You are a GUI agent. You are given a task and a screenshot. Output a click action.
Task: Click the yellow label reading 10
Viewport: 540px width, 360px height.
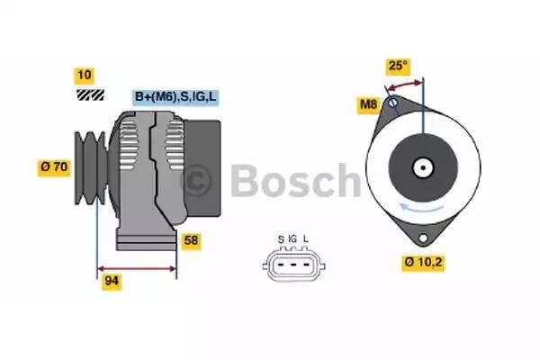pyautogui.click(x=85, y=76)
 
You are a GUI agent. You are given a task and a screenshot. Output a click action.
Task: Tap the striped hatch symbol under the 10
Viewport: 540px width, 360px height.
pyautogui.click(x=90, y=94)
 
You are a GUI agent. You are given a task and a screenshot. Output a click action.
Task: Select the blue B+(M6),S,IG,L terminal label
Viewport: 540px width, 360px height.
pyautogui.click(x=175, y=97)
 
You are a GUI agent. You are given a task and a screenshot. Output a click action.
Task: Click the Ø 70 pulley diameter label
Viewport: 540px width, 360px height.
pyautogui.click(x=54, y=167)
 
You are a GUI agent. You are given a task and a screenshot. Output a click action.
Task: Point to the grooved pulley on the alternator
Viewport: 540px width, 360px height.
pyautogui.click(x=91, y=167)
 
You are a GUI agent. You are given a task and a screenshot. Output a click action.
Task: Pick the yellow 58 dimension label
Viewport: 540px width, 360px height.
pyautogui.click(x=191, y=241)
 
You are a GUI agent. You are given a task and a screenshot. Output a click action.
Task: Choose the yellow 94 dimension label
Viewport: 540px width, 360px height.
pyautogui.click(x=112, y=282)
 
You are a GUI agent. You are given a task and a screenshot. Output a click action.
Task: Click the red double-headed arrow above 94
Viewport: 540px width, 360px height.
pyautogui.click(x=137, y=269)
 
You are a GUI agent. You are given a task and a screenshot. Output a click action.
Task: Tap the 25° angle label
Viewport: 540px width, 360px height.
pyautogui.click(x=398, y=66)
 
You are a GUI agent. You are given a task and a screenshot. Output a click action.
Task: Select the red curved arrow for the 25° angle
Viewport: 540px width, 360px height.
pyautogui.click(x=405, y=85)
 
